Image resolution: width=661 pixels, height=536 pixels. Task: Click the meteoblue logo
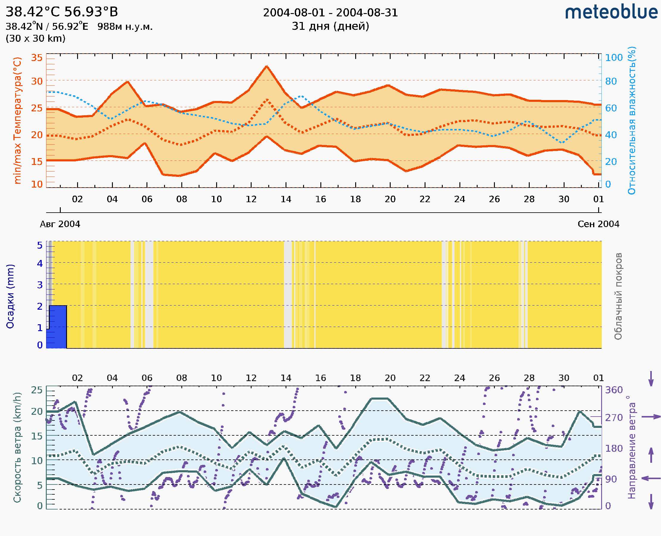tap(611, 12)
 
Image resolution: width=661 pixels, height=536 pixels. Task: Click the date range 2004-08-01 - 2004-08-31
tap(330, 13)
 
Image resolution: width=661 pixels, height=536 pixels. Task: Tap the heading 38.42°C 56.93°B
tap(62, 12)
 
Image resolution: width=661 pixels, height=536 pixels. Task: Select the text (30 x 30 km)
tap(35, 39)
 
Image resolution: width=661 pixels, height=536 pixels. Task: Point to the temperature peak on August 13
tap(266, 66)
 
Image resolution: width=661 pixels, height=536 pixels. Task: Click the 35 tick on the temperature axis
tap(37, 58)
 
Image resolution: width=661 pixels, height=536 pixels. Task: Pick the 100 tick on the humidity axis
tap(613, 58)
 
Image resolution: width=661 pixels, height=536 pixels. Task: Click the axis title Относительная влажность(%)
tap(632, 120)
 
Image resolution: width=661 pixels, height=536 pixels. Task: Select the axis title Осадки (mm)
tap(10, 296)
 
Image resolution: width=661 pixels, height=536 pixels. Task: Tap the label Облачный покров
tap(618, 296)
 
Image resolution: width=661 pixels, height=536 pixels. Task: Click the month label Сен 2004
tap(598, 224)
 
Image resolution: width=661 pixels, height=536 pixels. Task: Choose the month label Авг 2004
tap(60, 224)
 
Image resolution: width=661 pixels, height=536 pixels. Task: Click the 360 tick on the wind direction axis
tap(613, 390)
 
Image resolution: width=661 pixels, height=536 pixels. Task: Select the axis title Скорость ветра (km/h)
tap(17, 448)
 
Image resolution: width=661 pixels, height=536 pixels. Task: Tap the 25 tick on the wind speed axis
tap(37, 390)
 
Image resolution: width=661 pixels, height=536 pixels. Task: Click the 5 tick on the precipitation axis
tap(40, 245)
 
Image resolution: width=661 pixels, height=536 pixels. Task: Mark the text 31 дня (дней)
tap(330, 26)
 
